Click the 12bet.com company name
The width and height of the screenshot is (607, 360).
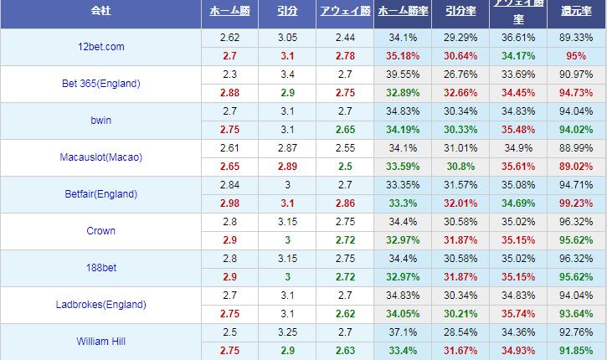coord(100,47)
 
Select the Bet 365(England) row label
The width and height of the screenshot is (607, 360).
coord(100,84)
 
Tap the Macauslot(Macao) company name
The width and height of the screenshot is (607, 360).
coord(100,157)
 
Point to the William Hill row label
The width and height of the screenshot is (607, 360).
coord(100,341)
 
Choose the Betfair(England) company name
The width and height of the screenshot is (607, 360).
coord(100,194)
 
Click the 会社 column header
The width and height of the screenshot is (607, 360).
coord(100,13)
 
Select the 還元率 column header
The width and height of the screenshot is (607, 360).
coord(577,13)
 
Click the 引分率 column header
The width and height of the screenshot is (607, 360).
coord(460,13)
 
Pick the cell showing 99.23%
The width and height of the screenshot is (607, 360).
coord(577,203)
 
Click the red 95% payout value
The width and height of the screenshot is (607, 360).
coord(577,56)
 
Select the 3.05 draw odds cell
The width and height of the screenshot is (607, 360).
coord(285,38)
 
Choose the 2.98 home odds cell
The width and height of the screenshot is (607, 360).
coord(229,203)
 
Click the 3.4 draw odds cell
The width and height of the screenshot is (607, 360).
coord(285,75)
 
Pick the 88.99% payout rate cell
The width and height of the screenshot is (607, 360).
coord(577,148)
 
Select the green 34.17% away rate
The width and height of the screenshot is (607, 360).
coord(518,56)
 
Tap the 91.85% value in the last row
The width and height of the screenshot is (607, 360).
coord(577,350)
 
